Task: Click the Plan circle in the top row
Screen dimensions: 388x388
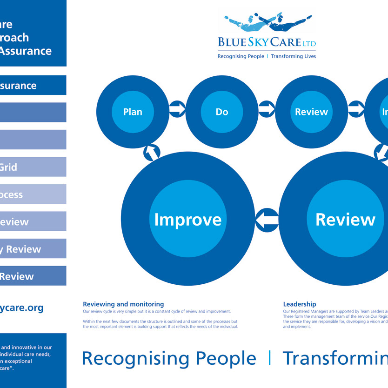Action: click(133, 112)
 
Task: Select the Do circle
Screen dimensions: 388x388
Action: click(222, 112)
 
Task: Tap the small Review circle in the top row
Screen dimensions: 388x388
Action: click(311, 112)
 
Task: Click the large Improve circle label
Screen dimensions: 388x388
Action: click(187, 220)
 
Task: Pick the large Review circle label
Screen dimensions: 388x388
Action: click(345, 220)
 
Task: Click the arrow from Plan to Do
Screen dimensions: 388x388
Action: click(177, 109)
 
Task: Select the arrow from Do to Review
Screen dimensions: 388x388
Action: click(267, 109)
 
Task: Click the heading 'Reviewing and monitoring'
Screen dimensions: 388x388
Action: click(123, 304)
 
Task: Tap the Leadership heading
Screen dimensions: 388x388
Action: click(299, 304)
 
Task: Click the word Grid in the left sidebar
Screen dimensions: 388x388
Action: click(8, 167)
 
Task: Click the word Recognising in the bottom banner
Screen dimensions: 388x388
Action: click(135, 358)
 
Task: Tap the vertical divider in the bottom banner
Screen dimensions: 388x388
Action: click(269, 358)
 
